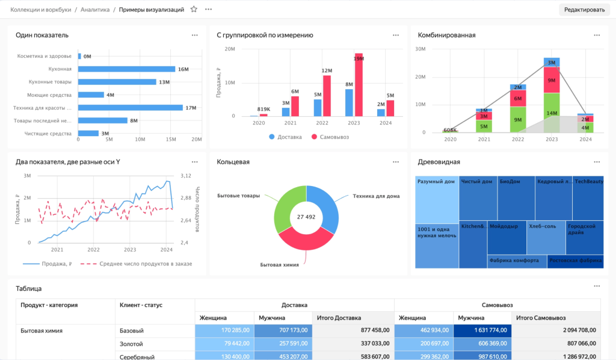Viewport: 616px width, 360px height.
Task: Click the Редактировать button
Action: [584, 10]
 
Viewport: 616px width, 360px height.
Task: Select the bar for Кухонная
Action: [126, 69]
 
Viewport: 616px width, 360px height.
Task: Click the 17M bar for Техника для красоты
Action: [130, 108]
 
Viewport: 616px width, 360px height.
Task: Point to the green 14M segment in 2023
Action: [552, 112]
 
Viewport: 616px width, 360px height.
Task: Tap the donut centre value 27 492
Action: [306, 217]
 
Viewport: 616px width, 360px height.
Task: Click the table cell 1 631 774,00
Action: [482, 330]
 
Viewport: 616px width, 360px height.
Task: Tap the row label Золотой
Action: [131, 344]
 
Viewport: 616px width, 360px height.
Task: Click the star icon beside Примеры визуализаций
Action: [194, 10]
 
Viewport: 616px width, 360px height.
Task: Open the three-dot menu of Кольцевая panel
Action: [395, 162]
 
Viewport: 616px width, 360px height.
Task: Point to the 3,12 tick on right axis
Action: [186, 176]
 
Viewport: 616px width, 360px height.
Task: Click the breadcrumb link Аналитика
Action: [95, 10]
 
